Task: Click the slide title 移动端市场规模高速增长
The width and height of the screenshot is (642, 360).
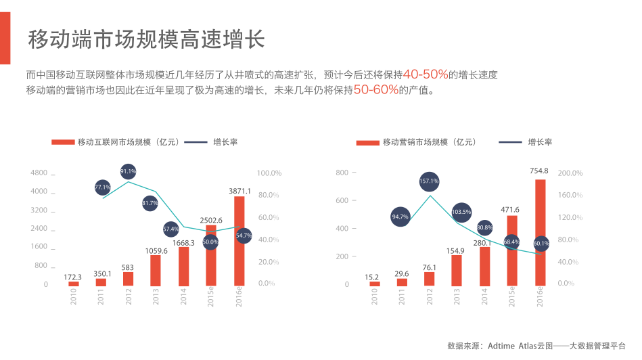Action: (145, 39)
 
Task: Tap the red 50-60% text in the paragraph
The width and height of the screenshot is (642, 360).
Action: (376, 89)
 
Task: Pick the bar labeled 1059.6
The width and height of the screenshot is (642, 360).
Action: (156, 270)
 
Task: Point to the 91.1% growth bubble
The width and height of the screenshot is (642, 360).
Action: (129, 172)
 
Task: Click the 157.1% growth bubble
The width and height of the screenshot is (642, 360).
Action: (429, 181)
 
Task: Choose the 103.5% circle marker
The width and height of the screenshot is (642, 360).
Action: (461, 212)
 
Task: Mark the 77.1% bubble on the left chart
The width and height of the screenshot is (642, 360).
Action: (102, 187)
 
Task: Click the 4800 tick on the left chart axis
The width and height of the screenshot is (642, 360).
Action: (39, 173)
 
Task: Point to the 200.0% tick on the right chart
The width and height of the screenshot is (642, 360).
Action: (570, 173)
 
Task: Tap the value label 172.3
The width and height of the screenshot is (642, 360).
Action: (72, 277)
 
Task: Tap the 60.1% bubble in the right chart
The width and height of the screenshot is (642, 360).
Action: (541, 243)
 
